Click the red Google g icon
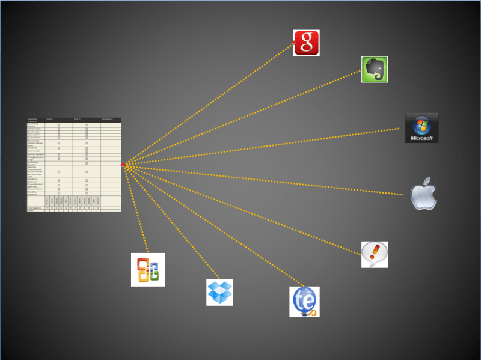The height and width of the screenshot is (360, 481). pos(306,43)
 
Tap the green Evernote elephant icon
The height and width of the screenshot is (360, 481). pos(374,69)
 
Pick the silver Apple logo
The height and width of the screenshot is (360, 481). pos(423,194)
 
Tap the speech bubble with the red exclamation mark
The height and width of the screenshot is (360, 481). pos(374,254)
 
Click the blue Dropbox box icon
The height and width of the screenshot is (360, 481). pos(219,293)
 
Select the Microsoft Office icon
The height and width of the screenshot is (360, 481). pos(148,269)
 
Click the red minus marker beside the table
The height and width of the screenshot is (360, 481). pos(123,165)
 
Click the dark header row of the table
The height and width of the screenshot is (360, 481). pos(74,120)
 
